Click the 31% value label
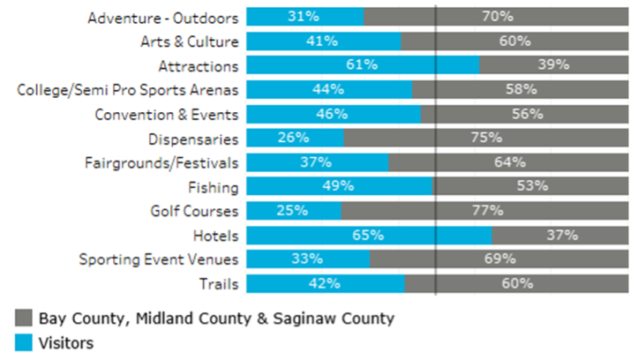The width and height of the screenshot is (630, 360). [304, 16]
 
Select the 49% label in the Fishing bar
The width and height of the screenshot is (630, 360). [339, 186]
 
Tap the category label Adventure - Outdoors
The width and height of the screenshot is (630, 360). [163, 17]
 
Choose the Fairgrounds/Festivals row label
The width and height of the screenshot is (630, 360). [161, 162]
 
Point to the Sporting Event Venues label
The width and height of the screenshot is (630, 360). [159, 259]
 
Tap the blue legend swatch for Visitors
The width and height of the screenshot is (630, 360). [24, 342]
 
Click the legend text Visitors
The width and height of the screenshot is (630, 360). [66, 342]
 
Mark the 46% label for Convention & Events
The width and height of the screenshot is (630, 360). [333, 113]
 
